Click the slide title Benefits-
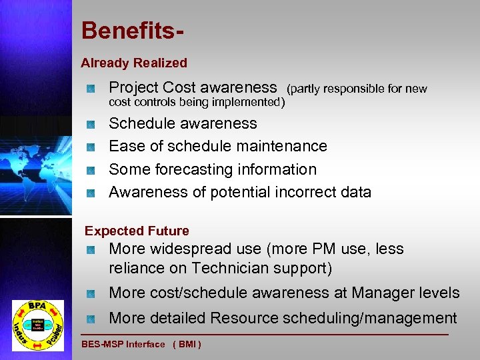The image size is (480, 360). tap(133, 31)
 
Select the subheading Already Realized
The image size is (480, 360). tap(134, 63)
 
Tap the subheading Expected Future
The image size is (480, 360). tap(137, 231)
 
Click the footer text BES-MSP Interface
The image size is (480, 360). tap(123, 345)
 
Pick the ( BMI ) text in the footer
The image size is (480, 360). tap(187, 345)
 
